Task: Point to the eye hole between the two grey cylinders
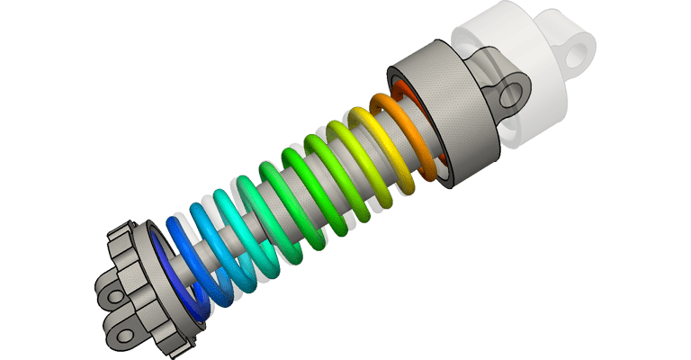point(516,91)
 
